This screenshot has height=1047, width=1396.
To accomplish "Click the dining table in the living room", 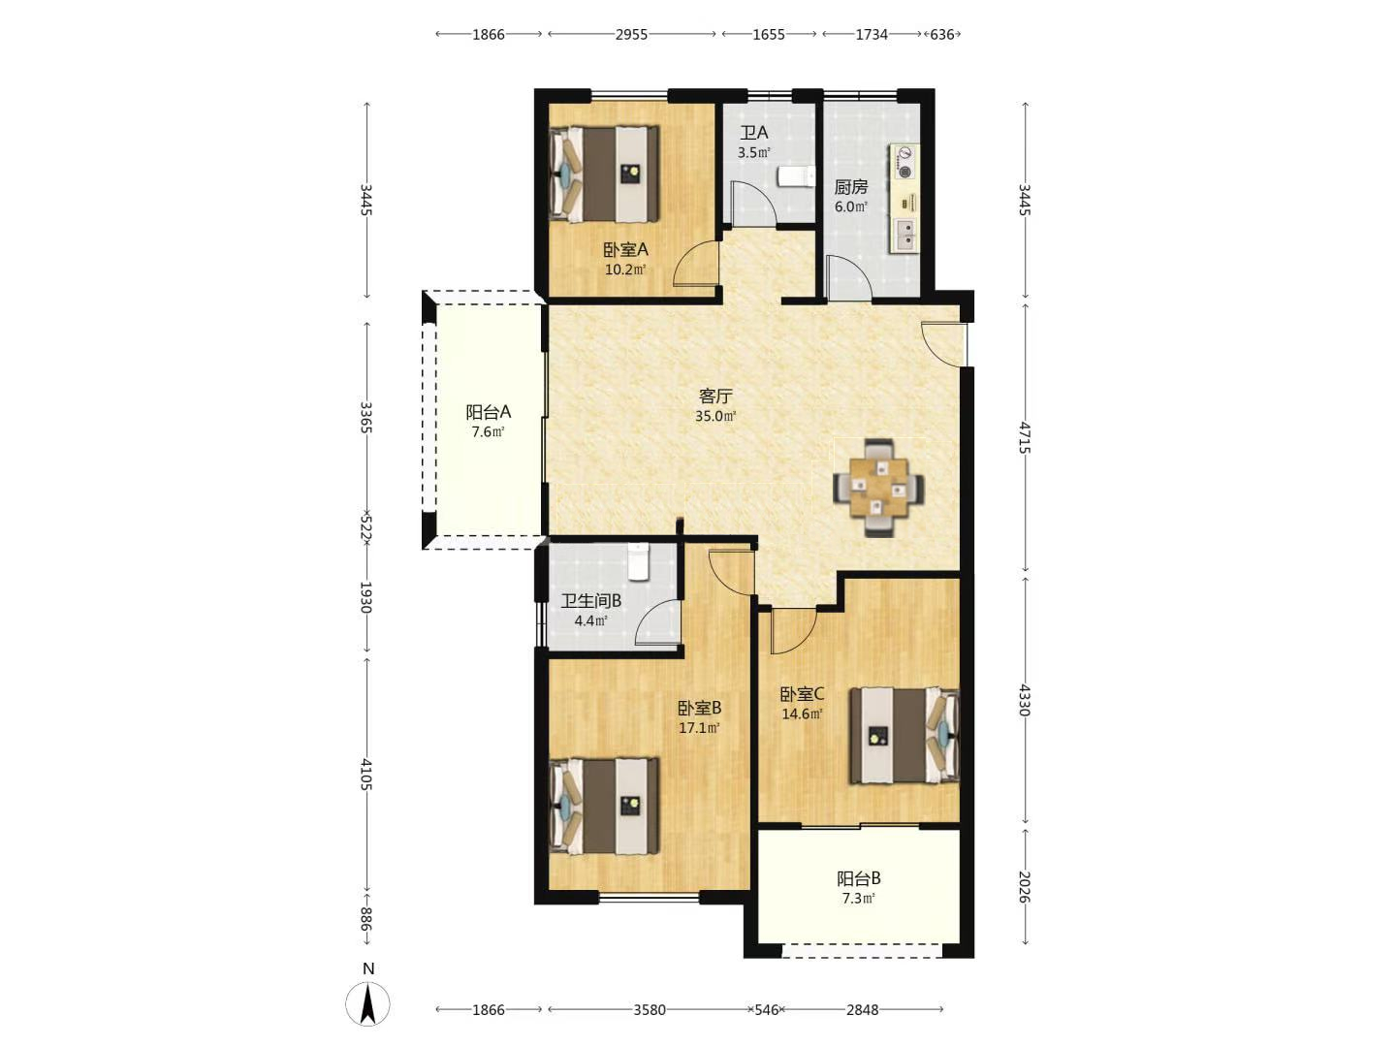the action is [879, 489].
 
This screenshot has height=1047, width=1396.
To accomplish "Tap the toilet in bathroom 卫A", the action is [796, 176].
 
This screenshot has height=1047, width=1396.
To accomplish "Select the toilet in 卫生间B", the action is [637, 562].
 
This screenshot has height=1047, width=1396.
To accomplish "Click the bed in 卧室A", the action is [604, 174].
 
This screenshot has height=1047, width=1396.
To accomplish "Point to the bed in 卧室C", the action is [904, 735].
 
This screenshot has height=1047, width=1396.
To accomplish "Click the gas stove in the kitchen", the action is [904, 162].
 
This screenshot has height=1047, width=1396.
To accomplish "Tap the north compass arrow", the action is [367, 1004].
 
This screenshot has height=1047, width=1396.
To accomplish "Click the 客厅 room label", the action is [715, 397].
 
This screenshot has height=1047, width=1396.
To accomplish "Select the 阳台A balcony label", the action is [488, 412].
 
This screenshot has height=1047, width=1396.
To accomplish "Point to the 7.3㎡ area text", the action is [859, 899].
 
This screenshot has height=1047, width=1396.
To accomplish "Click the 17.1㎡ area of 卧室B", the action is [699, 728].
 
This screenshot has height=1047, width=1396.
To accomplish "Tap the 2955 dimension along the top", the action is [631, 34].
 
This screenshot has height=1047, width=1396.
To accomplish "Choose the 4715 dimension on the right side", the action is [1024, 437].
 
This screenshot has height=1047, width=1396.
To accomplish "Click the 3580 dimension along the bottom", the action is [650, 1009].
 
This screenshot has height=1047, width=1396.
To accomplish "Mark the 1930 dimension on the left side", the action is [365, 597].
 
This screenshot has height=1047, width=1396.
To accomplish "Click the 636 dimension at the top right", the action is [942, 34].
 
